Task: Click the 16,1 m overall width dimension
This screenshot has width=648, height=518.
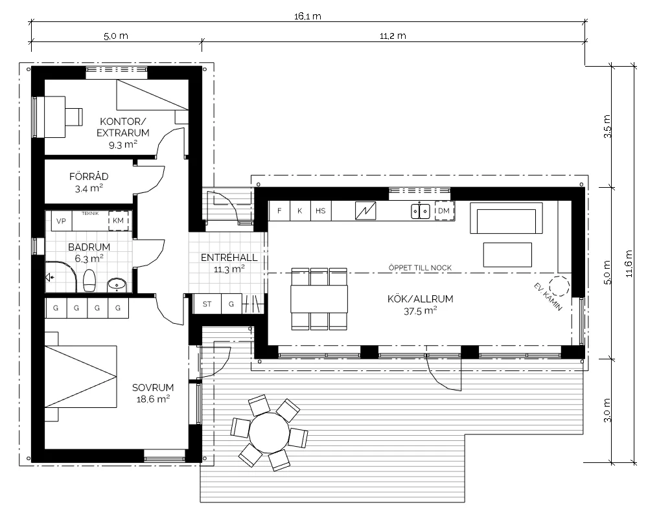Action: click(x=308, y=17)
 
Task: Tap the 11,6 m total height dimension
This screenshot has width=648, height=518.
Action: click(x=629, y=264)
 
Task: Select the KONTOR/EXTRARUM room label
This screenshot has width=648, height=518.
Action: click(x=123, y=127)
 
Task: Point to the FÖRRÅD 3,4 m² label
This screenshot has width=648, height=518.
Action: click(x=89, y=182)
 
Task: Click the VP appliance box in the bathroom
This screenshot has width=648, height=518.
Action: click(x=61, y=221)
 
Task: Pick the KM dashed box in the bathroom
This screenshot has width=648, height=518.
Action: click(x=118, y=221)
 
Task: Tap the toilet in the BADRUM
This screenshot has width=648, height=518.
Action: click(x=89, y=280)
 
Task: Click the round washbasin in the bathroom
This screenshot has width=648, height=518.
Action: click(x=117, y=285)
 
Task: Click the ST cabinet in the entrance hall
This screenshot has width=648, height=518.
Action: click(x=207, y=304)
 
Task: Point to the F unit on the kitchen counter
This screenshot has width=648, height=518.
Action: click(x=279, y=210)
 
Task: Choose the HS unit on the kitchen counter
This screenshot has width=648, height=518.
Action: click(x=321, y=210)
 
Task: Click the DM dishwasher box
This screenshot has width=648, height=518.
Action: click(x=444, y=210)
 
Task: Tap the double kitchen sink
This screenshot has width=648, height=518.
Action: click(x=421, y=211)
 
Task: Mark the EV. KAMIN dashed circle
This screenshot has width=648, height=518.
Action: click(x=560, y=286)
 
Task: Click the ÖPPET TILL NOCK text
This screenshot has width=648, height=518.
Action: click(x=421, y=267)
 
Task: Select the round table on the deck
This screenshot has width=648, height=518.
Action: click(x=270, y=432)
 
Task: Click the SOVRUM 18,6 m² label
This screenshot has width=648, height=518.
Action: click(x=153, y=393)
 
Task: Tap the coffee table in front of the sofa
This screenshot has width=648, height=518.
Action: click(x=507, y=255)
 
